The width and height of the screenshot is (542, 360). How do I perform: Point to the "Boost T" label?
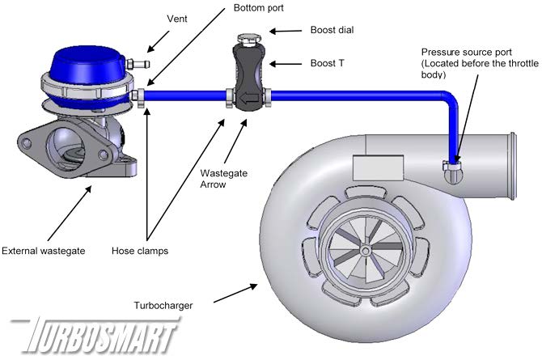(329, 62)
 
